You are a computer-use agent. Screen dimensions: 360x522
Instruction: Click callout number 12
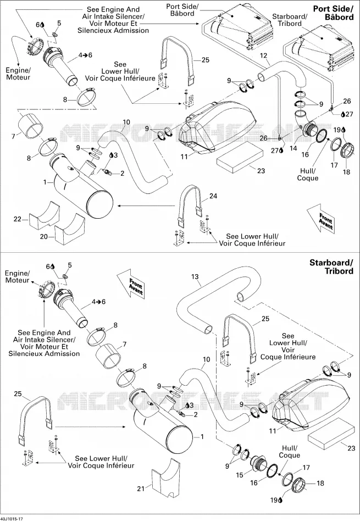(264, 55)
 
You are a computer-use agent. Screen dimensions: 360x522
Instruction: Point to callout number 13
(195, 276)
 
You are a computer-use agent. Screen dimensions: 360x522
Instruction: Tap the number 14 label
(293, 148)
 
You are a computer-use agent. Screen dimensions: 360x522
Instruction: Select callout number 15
(240, 475)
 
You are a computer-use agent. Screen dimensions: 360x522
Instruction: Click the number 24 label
(213, 196)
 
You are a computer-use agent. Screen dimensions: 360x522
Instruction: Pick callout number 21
(141, 488)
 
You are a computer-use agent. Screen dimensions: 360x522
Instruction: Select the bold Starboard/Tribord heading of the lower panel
(331, 266)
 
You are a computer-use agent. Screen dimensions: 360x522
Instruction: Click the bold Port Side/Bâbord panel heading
(333, 13)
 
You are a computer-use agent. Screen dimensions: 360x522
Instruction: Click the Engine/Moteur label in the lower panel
(18, 277)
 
